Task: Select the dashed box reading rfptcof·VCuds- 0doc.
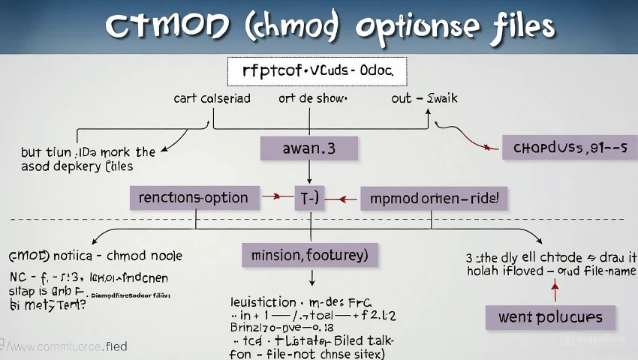(x=317, y=73)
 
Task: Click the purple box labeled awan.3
(x=308, y=148)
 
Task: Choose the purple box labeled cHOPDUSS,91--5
(x=570, y=148)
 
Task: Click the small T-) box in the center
(x=308, y=198)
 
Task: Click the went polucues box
(x=550, y=316)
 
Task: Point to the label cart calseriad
(x=212, y=98)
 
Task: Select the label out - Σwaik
(x=424, y=98)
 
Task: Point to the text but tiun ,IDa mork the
(x=89, y=152)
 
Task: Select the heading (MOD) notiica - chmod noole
(x=95, y=256)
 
